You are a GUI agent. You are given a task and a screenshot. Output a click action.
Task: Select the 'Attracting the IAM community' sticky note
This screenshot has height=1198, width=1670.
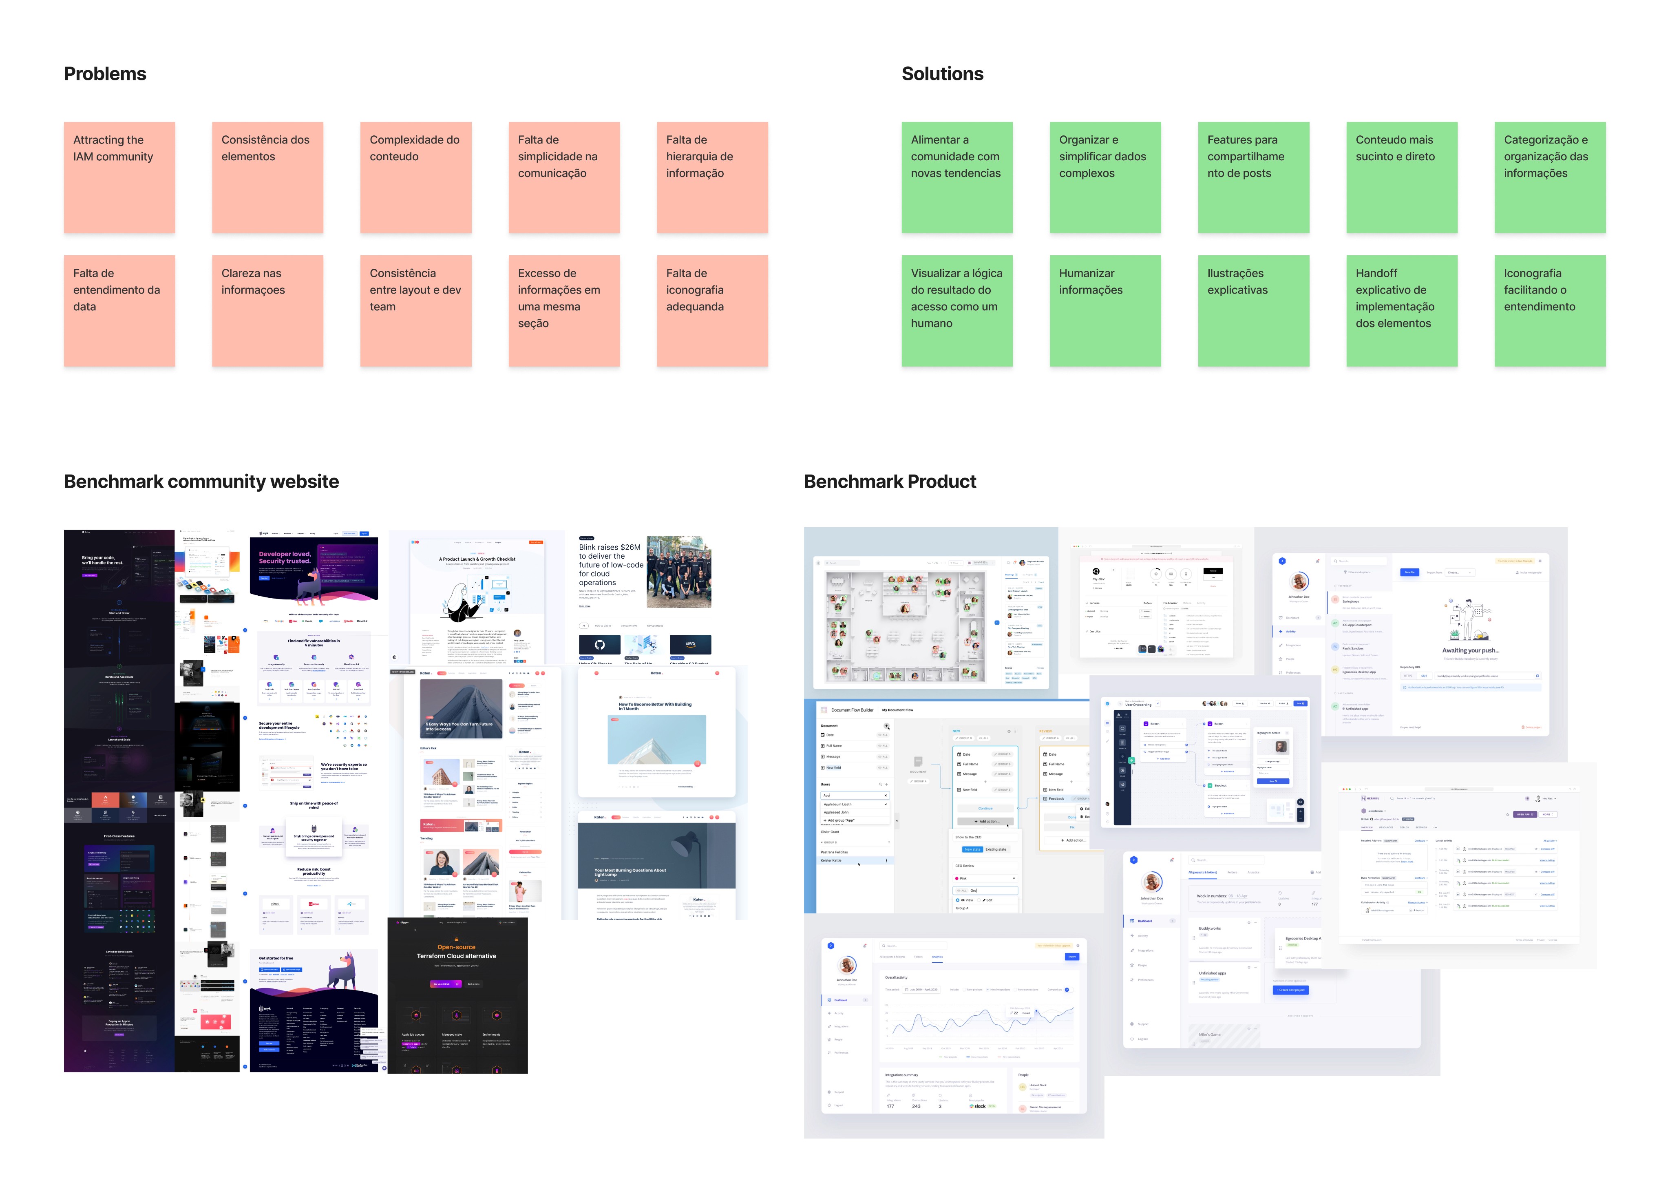pos(119,177)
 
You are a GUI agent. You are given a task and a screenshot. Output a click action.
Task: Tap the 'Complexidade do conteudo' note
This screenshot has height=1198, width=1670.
pos(415,177)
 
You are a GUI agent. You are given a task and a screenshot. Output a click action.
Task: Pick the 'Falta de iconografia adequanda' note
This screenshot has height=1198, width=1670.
pos(712,311)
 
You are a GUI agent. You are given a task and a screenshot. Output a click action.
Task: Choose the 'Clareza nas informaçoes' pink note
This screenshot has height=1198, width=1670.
pos(267,311)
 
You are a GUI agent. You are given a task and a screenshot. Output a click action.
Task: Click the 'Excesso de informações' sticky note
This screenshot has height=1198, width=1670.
pos(563,311)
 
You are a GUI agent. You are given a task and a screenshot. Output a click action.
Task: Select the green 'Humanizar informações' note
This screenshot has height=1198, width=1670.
pos(1104,311)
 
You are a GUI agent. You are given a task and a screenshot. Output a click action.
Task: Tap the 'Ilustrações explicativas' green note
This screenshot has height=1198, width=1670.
pos(1253,311)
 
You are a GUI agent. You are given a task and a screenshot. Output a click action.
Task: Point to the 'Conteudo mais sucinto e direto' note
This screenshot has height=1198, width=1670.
pos(1401,177)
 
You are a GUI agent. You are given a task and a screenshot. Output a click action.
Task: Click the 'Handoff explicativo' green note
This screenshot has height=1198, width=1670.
pos(1401,311)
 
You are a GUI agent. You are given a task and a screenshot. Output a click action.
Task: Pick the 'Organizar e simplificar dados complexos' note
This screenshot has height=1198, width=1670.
pos(1104,177)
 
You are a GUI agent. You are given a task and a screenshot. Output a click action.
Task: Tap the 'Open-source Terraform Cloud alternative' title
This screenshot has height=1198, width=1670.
pos(457,951)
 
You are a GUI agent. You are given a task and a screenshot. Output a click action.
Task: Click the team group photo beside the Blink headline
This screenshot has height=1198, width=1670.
pos(678,571)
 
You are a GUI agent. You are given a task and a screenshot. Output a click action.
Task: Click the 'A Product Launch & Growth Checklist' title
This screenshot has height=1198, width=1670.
pos(477,559)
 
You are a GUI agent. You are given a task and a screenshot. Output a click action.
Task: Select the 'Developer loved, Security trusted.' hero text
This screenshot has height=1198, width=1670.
pos(285,557)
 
